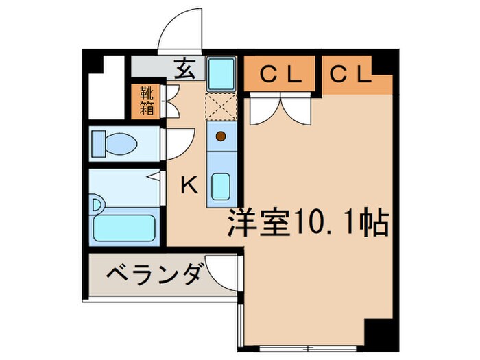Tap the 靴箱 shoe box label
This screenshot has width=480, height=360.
pyautogui.click(x=147, y=100)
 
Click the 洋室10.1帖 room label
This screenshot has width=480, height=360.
pyautogui.click(x=308, y=224)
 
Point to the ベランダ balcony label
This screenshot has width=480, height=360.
pyautogui.click(x=152, y=276)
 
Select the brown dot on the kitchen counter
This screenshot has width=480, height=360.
pyautogui.click(x=221, y=136)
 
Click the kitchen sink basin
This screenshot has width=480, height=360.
pyautogui.click(x=221, y=185)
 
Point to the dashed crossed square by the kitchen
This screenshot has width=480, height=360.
pyautogui.click(x=221, y=106)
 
